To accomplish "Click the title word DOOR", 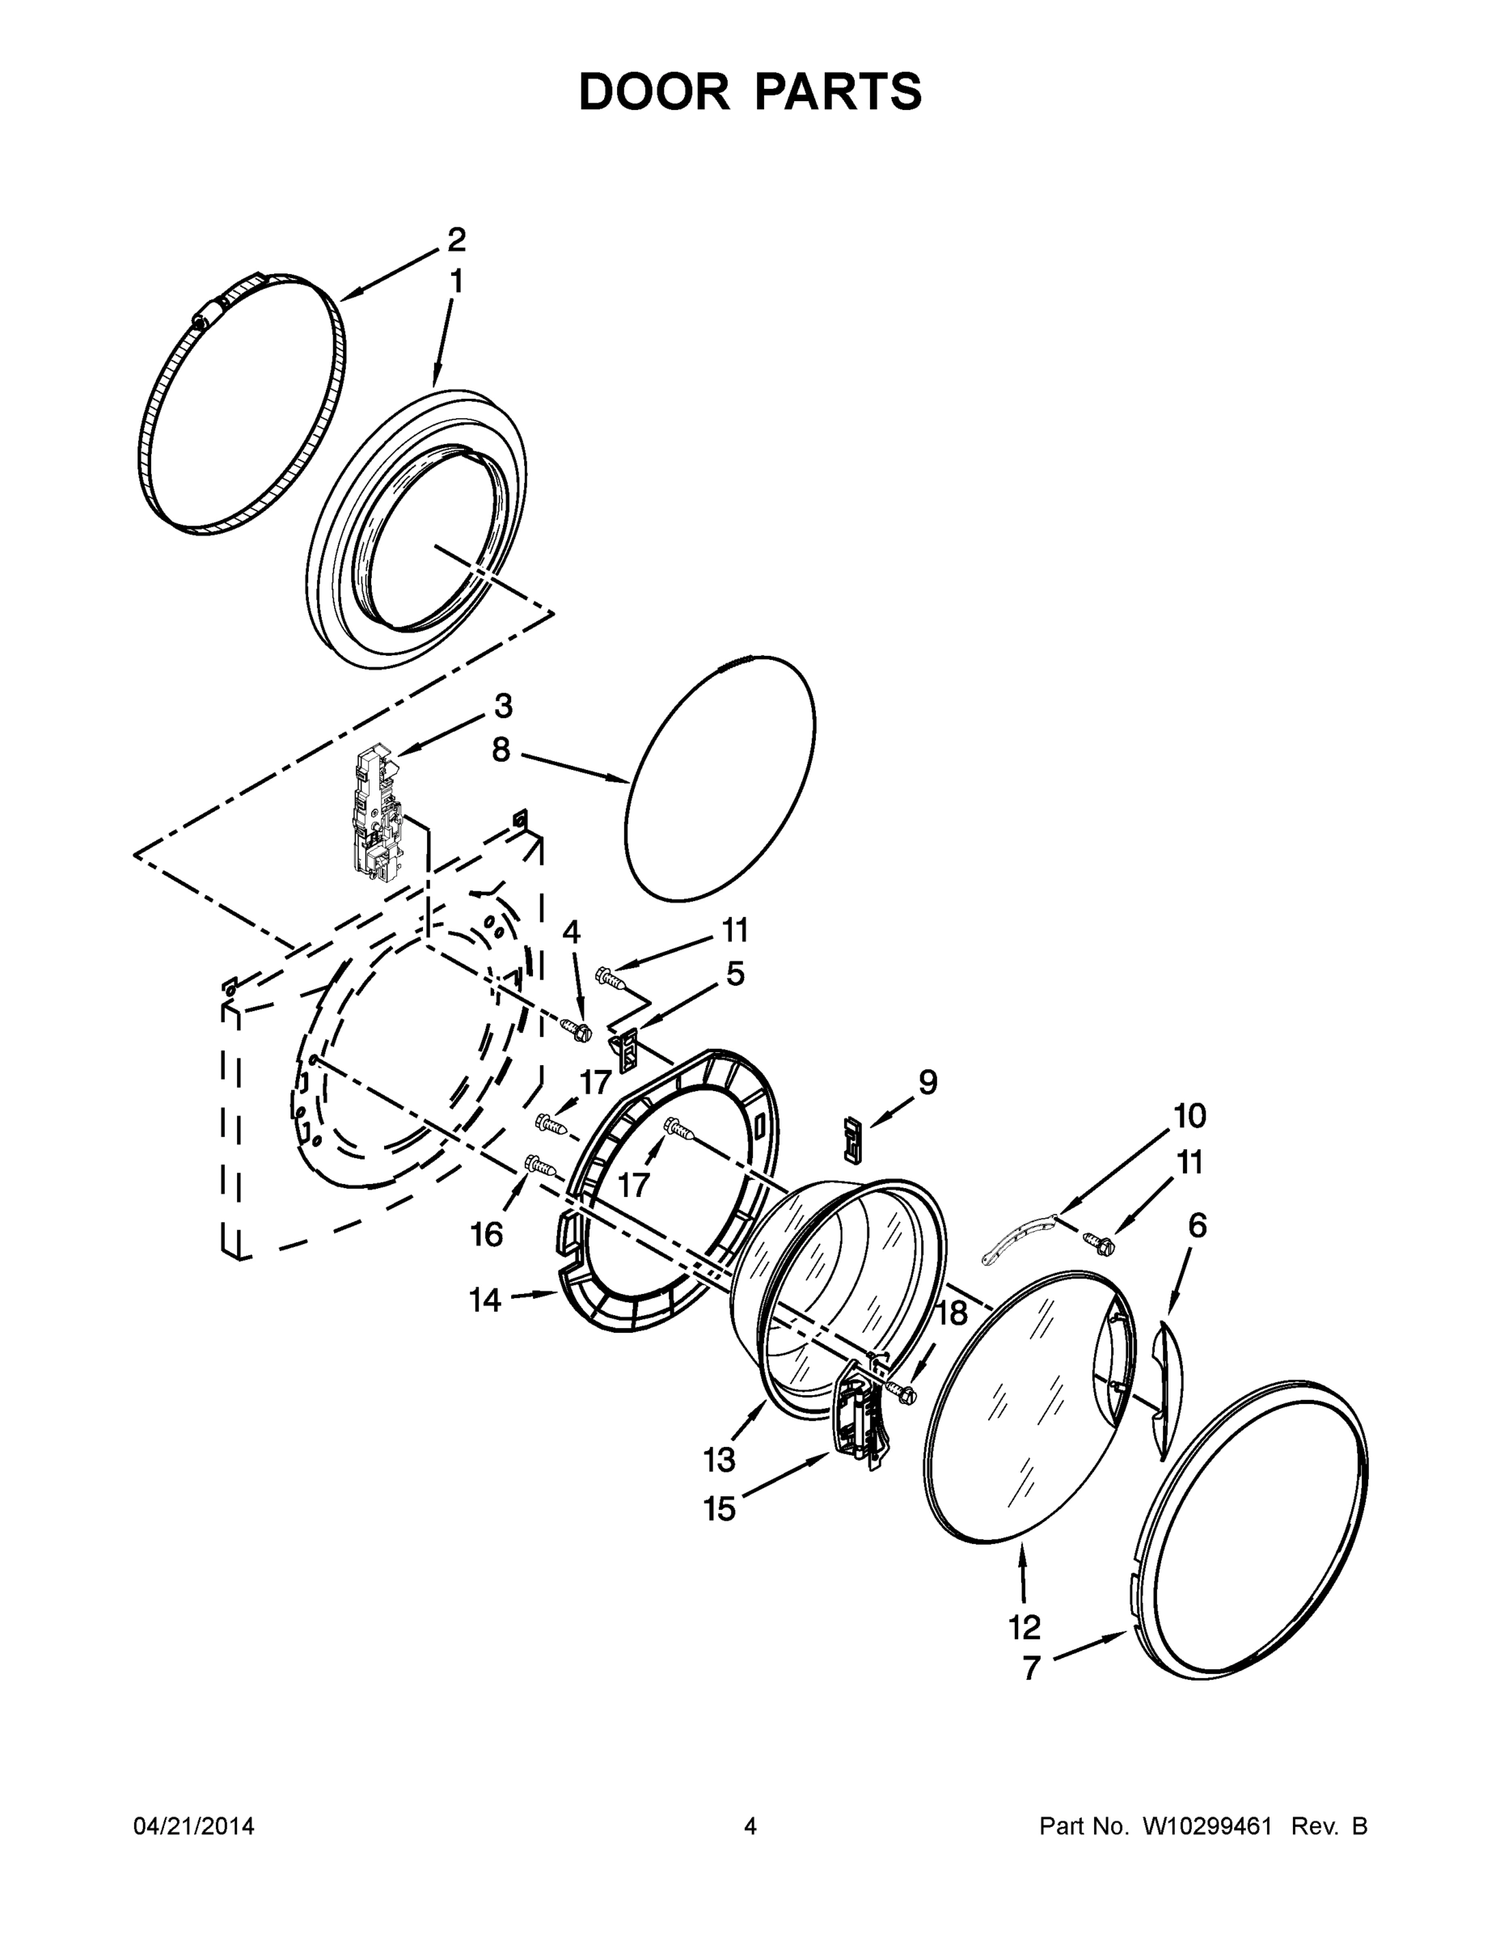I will pyautogui.click(x=653, y=92).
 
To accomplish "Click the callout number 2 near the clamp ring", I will pyautogui.click(x=455, y=240).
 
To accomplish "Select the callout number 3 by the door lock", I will pyautogui.click(x=503, y=707).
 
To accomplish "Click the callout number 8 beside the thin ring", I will pyautogui.click(x=501, y=751).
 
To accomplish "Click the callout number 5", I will pyautogui.click(x=735, y=974).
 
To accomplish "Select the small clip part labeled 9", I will pyautogui.click(x=852, y=1140).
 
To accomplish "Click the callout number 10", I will pyautogui.click(x=1189, y=1116).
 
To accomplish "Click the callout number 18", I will pyautogui.click(x=951, y=1313).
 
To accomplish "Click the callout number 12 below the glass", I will pyautogui.click(x=1024, y=1628).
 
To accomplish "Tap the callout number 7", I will pyautogui.click(x=1030, y=1669).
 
